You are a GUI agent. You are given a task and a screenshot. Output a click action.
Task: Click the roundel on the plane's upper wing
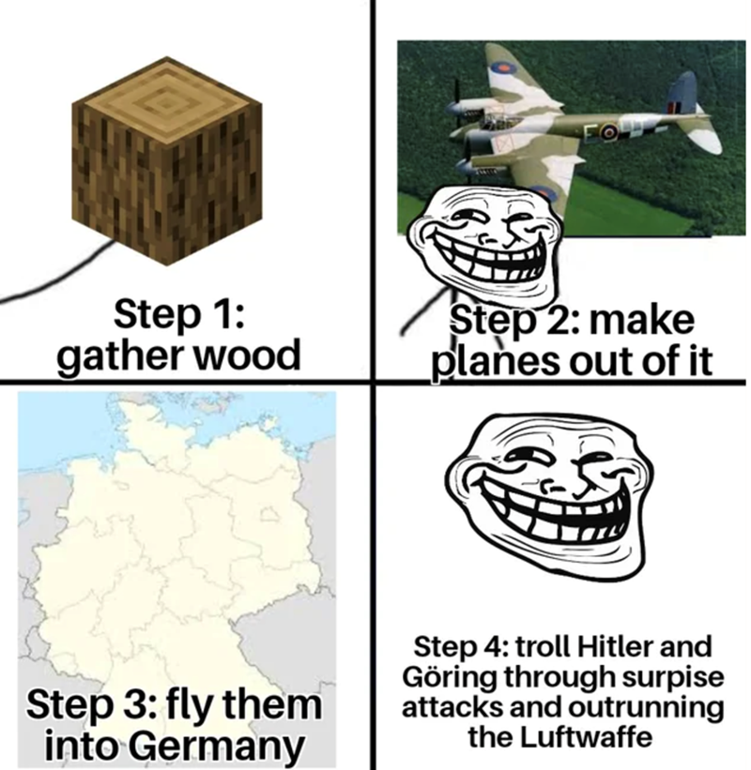pos(503,68)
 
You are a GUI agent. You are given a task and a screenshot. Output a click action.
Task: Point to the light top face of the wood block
pos(166,100)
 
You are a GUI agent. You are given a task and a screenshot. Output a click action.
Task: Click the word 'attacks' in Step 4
pos(452,708)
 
